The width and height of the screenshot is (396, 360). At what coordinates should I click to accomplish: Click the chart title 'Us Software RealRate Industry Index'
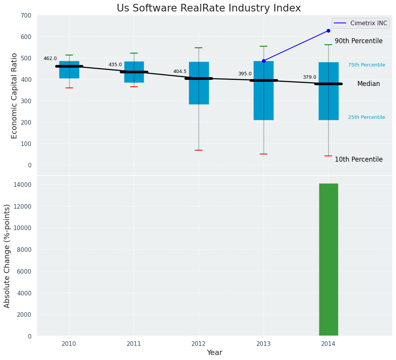tap(209, 8)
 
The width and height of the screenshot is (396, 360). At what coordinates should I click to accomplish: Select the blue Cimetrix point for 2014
tap(328, 31)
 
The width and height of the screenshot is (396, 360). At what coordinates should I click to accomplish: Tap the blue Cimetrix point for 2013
tap(264, 61)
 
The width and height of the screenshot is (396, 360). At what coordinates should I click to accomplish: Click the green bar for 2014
tap(328, 260)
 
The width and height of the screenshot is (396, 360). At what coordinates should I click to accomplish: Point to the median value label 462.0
tap(50, 58)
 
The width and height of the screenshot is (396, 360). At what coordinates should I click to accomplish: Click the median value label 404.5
tap(180, 71)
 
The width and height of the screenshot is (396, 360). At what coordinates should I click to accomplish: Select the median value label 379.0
tap(310, 77)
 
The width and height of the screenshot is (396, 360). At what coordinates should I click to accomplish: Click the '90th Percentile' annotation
tap(359, 41)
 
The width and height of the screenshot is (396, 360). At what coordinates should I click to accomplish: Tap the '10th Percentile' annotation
tap(359, 159)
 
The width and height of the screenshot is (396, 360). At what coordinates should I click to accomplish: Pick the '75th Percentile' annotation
tap(367, 65)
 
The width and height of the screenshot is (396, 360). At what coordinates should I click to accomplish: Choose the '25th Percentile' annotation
tap(367, 117)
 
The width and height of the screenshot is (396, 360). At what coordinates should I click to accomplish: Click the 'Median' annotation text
tap(368, 84)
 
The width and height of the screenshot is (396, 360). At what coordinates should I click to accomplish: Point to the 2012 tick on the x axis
tap(199, 344)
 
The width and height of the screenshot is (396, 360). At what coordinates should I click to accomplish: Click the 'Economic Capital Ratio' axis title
tap(15, 96)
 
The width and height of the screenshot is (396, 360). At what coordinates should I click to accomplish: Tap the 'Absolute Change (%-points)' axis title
tap(7, 256)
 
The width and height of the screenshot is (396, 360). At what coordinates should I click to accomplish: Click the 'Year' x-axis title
tap(214, 353)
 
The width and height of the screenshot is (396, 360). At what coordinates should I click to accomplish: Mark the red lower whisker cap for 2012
tap(199, 150)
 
